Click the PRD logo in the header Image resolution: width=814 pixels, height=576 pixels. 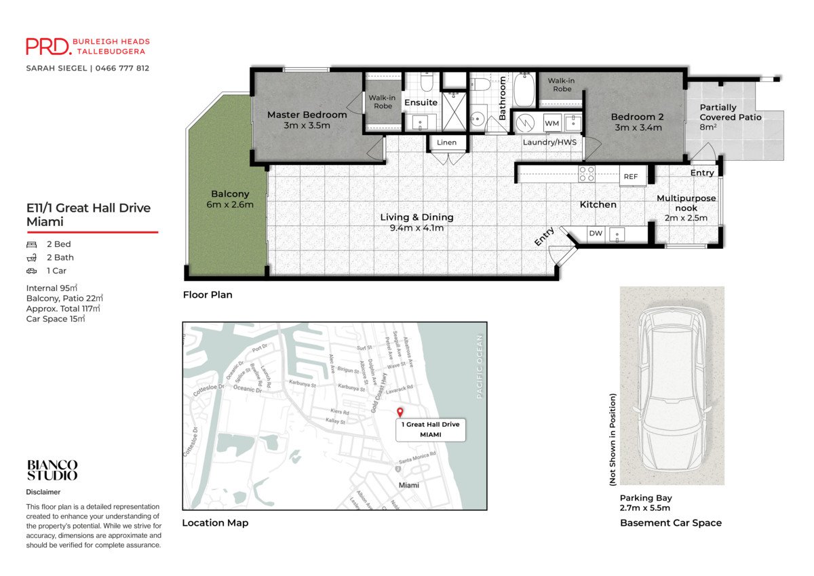48,46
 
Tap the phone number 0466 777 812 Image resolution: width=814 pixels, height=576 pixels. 122,69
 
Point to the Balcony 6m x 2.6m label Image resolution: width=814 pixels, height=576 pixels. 230,199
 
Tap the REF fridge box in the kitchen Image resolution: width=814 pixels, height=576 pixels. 630,177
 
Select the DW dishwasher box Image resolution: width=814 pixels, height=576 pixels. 595,234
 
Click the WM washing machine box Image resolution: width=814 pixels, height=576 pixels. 551,123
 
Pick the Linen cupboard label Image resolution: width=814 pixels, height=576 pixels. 446,142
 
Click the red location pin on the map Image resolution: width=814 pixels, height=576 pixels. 400,412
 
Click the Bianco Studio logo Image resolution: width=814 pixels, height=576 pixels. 52,470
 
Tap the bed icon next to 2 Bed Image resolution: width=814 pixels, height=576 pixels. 31,244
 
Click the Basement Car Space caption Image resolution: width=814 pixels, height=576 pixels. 670,523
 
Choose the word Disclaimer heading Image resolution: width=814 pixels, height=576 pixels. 43,492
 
